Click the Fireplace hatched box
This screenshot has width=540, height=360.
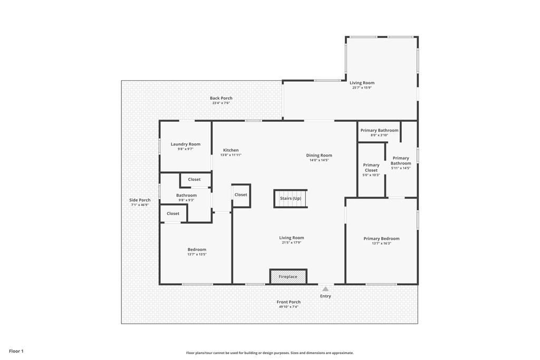288,277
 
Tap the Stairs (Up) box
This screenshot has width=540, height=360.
291,199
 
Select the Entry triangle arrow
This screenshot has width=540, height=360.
325,289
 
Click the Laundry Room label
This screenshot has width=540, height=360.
186,144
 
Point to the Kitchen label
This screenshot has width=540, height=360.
231,150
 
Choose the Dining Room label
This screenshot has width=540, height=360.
319,155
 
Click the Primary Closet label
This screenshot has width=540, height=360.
371,168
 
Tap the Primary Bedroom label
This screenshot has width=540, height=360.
382,239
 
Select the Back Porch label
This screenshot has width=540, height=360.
221,98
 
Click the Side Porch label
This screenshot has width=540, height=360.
140,200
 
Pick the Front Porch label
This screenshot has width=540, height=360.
288,302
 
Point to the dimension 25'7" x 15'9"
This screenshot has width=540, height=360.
362,87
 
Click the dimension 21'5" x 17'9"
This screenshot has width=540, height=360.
291,242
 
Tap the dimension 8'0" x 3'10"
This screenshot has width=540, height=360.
379,135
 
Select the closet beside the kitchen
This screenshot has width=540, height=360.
241,195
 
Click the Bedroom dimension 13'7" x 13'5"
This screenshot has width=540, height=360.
197,255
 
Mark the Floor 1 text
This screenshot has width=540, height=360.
16,351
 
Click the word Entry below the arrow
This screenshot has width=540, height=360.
325,296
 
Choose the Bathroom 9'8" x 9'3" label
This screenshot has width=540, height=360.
186,197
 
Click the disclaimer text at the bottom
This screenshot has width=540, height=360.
270,353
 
